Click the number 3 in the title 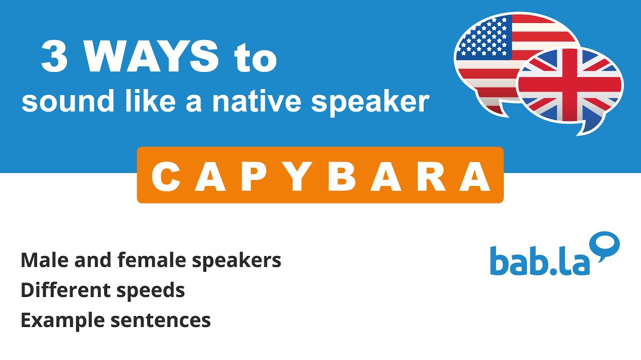(55, 57)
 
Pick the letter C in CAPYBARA (165, 177)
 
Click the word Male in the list (41, 260)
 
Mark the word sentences (160, 320)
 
